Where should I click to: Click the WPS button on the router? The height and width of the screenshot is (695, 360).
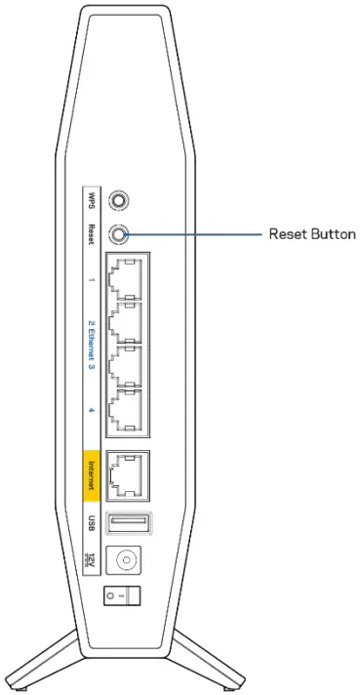point(120,199)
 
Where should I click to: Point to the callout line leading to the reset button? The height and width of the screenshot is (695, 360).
point(195,235)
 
